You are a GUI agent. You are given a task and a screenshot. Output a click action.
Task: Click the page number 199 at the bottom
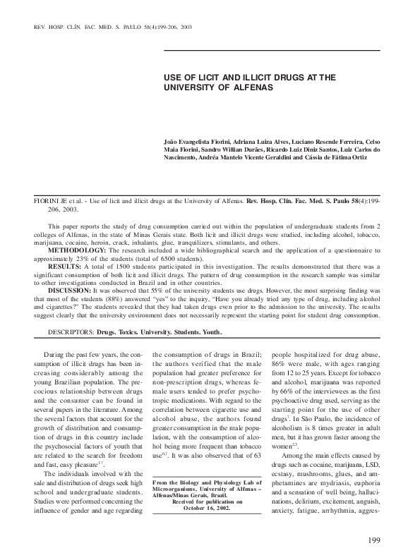374,540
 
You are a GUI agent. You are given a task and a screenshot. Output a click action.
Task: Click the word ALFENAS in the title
249,87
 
